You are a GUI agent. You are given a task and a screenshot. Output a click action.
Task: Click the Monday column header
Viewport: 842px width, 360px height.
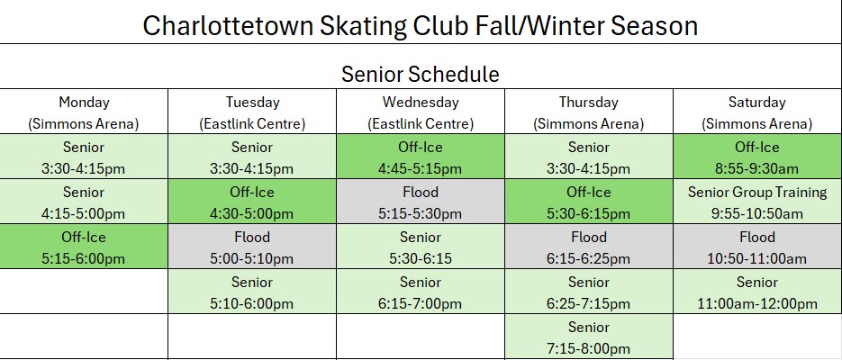click(x=84, y=112)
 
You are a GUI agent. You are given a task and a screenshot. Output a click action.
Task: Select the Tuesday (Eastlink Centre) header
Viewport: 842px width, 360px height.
click(x=252, y=112)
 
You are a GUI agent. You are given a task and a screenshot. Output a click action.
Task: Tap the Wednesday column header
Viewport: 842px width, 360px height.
click(x=421, y=112)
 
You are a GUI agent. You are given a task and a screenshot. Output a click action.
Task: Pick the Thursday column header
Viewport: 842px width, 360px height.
click(x=589, y=112)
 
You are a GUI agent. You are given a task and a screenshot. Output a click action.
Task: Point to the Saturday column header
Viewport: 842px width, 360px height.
click(x=756, y=112)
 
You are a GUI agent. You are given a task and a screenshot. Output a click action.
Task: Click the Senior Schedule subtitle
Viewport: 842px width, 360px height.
click(x=421, y=74)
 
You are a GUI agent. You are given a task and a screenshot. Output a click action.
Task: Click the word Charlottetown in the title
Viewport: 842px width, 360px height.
click(x=228, y=26)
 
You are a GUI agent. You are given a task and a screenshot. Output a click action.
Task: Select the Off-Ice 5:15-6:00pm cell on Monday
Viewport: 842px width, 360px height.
click(x=84, y=247)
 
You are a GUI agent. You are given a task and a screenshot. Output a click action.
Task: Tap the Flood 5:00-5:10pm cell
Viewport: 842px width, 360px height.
click(x=252, y=247)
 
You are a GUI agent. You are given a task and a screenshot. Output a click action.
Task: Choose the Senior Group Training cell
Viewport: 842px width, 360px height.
click(x=756, y=202)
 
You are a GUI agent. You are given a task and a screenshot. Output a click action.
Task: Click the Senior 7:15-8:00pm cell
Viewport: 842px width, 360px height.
click(x=589, y=337)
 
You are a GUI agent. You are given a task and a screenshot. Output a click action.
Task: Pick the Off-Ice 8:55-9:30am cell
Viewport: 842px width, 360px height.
click(x=756, y=156)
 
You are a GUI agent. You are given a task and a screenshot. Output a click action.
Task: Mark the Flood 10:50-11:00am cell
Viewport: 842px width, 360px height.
click(x=756, y=247)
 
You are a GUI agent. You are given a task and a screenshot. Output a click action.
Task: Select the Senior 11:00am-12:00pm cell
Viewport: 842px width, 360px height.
click(x=756, y=292)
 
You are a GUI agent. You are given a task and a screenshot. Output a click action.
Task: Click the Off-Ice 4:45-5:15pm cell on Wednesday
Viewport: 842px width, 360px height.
click(x=421, y=156)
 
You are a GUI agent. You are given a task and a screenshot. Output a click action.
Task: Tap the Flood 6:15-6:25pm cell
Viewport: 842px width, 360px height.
click(x=589, y=247)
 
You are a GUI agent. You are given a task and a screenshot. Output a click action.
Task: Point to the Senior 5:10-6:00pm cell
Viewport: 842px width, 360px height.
click(x=252, y=292)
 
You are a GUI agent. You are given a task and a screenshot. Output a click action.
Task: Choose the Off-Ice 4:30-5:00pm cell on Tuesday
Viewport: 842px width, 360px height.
click(x=252, y=202)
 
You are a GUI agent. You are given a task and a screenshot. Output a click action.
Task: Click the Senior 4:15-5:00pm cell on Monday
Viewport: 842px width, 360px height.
click(x=84, y=202)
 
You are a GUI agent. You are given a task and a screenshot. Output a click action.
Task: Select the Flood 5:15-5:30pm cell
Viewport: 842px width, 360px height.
click(x=421, y=202)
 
